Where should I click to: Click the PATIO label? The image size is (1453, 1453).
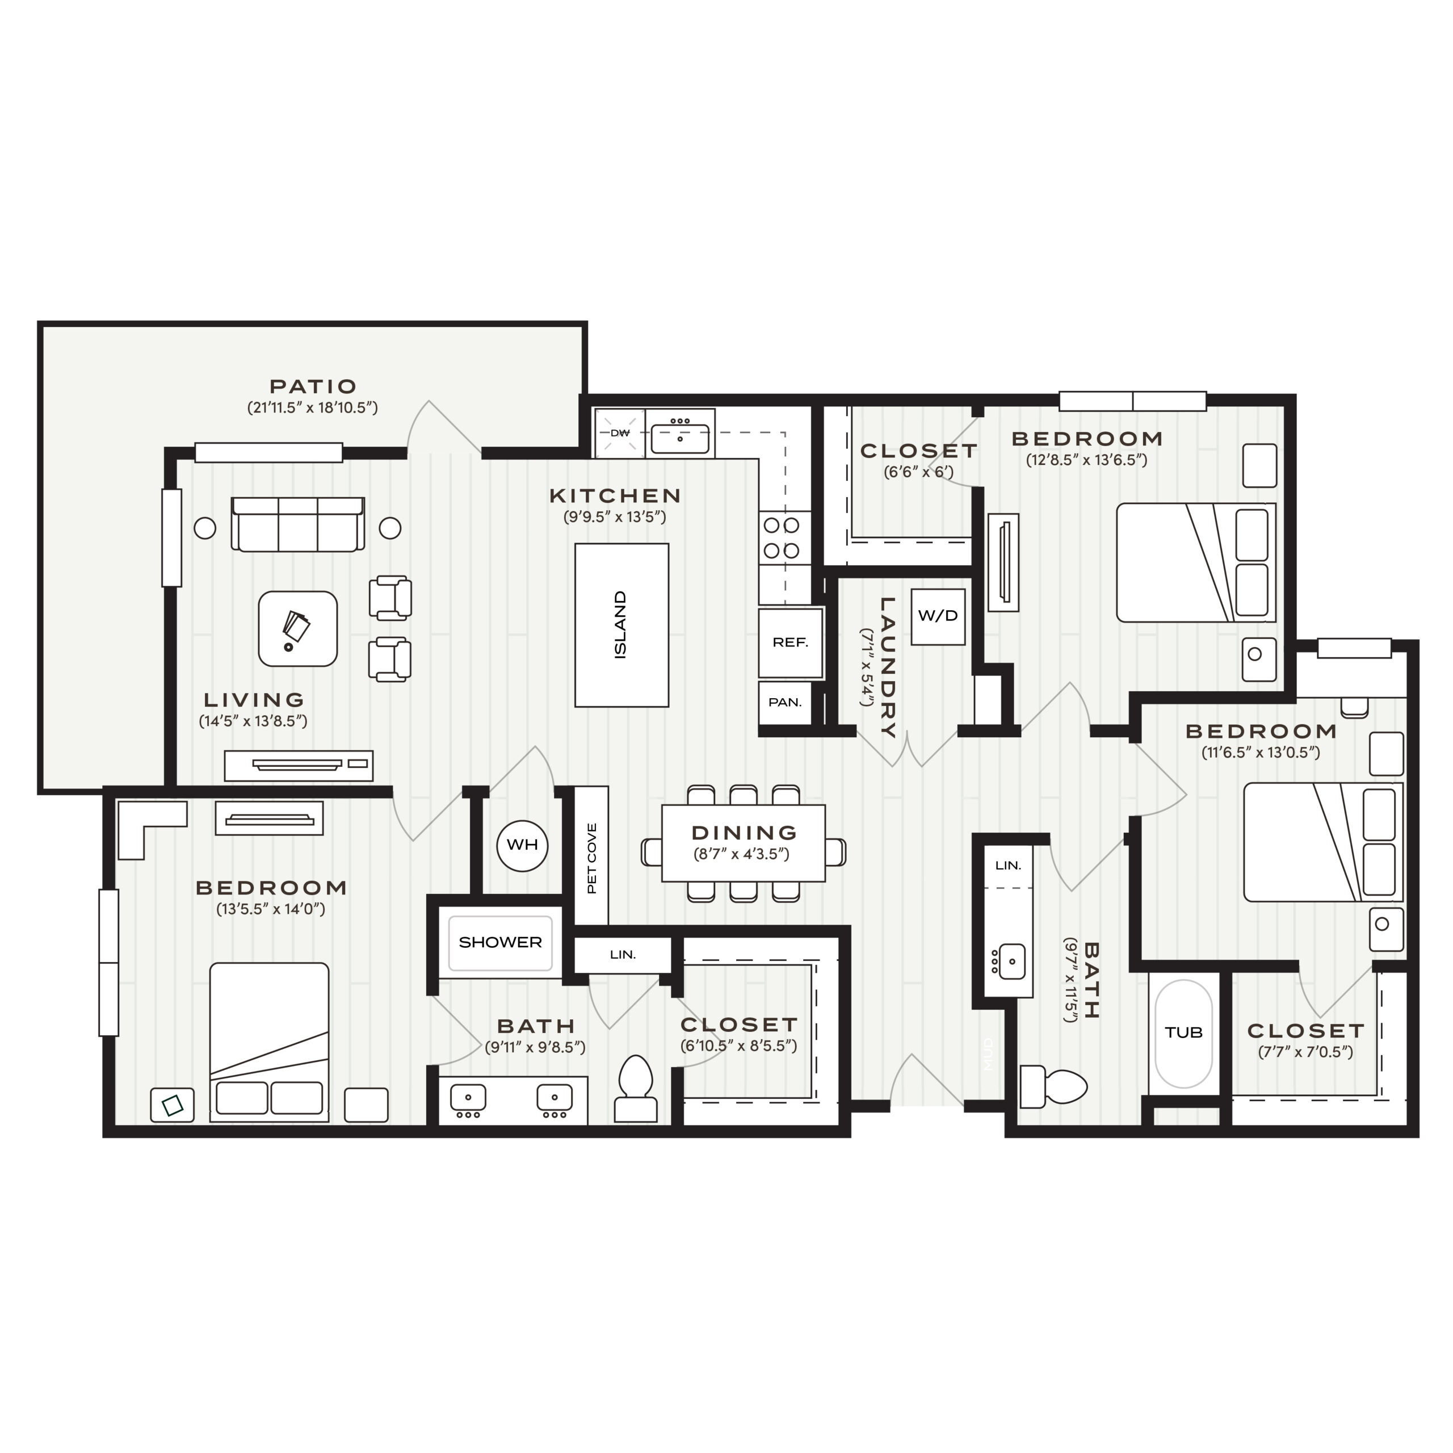click(x=313, y=387)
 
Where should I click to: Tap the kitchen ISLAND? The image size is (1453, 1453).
click(x=621, y=625)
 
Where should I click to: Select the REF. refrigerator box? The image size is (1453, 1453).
click(x=790, y=642)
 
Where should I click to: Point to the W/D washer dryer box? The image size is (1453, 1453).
click(x=938, y=616)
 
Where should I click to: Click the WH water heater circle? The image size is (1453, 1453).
click(x=522, y=845)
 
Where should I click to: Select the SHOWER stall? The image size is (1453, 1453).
click(x=500, y=942)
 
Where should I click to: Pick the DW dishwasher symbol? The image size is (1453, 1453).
click(x=620, y=433)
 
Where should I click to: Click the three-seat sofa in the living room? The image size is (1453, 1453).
click(x=299, y=524)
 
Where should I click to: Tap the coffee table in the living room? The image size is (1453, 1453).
click(x=298, y=629)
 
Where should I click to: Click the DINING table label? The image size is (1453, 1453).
click(x=743, y=833)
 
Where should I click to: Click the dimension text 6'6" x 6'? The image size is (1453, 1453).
click(x=918, y=473)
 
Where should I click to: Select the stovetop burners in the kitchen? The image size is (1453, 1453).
click(x=782, y=539)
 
